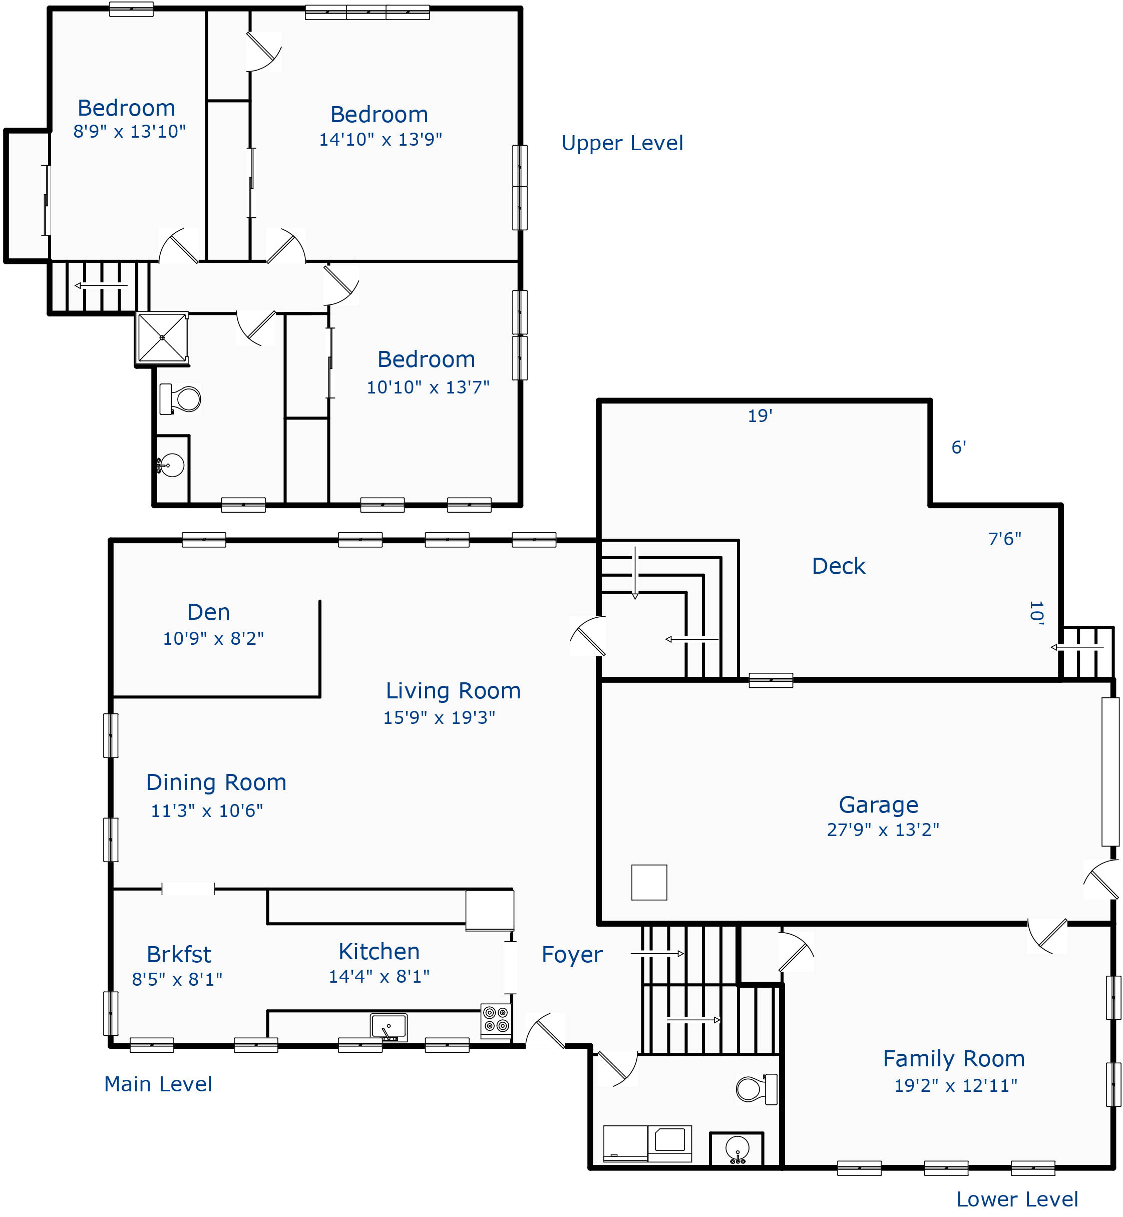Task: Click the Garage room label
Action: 878,805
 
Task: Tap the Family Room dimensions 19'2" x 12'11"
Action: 955,1086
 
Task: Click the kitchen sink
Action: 389,1027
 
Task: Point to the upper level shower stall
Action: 162,337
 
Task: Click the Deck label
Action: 839,566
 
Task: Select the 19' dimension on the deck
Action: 760,416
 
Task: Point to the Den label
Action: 208,612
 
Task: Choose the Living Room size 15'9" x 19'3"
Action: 439,717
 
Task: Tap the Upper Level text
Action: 622,143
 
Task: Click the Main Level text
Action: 158,1084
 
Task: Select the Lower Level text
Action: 1017,1199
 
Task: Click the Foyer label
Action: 572,955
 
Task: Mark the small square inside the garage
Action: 649,882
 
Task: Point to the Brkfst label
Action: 179,955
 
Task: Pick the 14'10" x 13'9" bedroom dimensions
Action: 381,139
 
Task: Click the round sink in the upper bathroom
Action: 171,466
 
